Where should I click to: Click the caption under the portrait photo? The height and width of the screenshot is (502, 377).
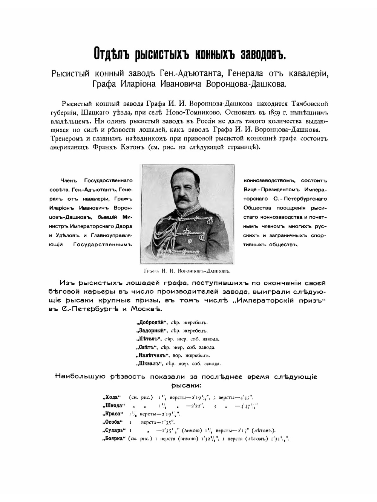[x=187, y=270]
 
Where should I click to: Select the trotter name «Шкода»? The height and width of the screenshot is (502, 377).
[x=113, y=406]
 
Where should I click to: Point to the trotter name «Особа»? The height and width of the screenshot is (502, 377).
[x=112, y=422]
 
